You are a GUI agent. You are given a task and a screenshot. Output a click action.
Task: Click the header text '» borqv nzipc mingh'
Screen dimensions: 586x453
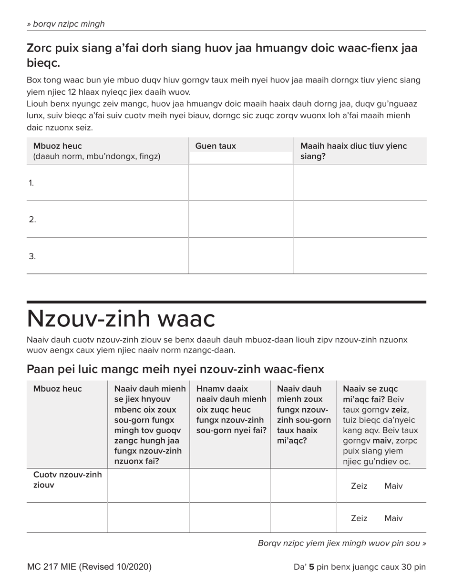tap(66, 24)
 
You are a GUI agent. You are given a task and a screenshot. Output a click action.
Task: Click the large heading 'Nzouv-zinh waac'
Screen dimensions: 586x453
tap(121, 319)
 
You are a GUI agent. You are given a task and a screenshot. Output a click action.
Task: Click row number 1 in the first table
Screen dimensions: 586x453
tap(31, 183)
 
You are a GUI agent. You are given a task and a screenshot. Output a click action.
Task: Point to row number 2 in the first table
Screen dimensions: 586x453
tap(32, 220)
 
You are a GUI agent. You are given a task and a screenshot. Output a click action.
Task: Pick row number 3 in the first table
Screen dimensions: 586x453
tap(32, 256)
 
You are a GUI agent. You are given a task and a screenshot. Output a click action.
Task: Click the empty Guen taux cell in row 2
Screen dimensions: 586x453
tap(241, 219)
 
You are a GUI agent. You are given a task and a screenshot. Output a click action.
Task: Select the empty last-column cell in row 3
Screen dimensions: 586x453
tap(360, 256)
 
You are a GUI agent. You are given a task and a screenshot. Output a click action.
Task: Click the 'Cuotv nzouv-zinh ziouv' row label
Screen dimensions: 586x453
tap(67, 480)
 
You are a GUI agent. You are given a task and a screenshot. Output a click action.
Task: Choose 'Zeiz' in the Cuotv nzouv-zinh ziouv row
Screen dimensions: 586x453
tap(359, 486)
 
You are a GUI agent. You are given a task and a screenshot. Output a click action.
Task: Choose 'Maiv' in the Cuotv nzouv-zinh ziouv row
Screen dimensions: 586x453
tap(393, 486)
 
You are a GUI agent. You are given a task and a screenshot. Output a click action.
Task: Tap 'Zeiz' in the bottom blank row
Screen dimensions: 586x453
tap(359, 518)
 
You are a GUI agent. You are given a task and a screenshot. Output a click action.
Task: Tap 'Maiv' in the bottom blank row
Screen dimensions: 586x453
tap(393, 518)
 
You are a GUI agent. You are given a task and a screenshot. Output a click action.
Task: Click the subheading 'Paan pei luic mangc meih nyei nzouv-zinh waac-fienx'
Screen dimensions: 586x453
tap(175, 369)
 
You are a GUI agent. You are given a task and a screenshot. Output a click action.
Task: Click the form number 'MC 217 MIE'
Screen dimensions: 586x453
tap(52, 567)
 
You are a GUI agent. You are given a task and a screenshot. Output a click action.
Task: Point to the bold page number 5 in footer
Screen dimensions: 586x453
tap(311, 567)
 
